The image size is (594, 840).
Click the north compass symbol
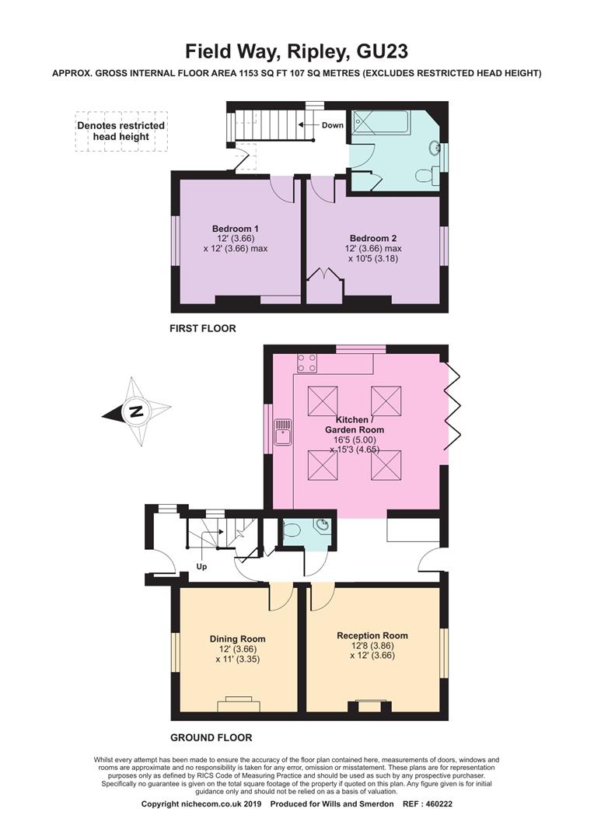click(x=137, y=411)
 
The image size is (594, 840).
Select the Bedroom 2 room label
click(x=373, y=248)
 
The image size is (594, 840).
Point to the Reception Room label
click(x=372, y=645)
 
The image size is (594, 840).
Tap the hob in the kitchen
click(x=307, y=363)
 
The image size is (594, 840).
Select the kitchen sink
click(x=283, y=432)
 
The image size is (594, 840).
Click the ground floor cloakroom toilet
click(x=292, y=530)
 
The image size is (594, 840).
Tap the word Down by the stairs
click(x=332, y=125)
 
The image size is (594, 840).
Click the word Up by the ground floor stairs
click(x=201, y=567)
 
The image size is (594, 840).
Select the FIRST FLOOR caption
click(x=202, y=329)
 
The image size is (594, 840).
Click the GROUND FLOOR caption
click(x=211, y=737)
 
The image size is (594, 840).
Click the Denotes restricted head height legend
click(x=121, y=131)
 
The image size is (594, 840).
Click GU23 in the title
click(x=382, y=52)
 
